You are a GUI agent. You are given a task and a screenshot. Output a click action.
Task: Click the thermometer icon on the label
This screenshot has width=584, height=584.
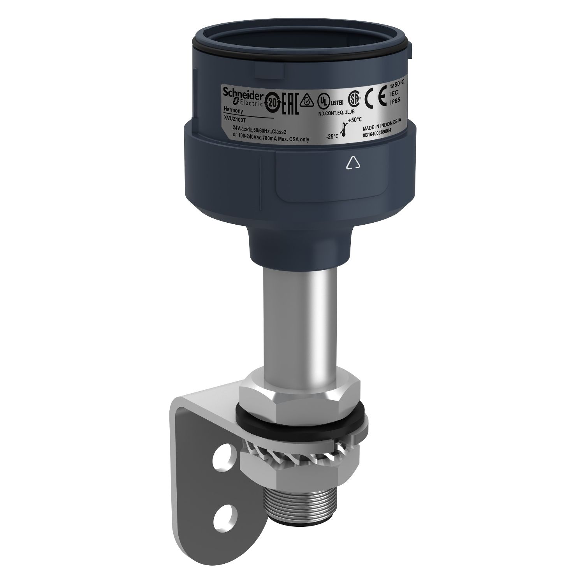point(343,128)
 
